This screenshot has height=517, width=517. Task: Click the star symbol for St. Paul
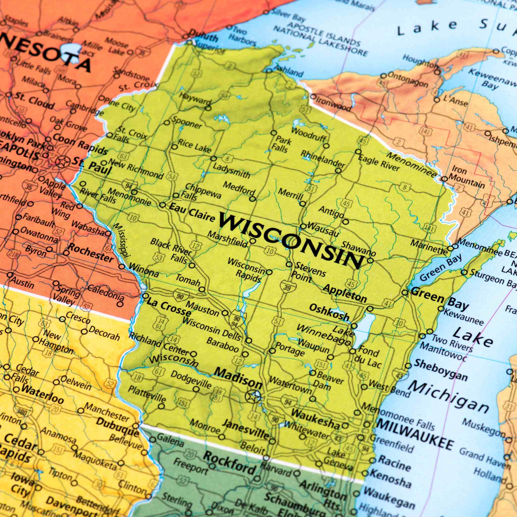(62, 162)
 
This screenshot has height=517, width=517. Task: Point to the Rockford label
(229, 462)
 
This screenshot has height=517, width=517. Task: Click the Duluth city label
(203, 36)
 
